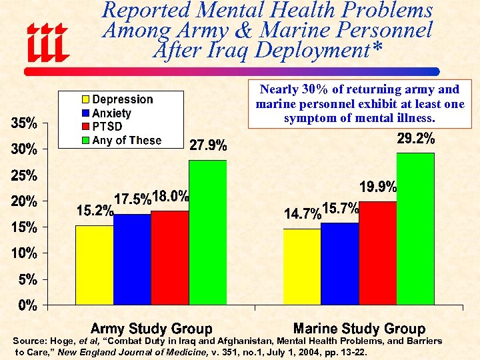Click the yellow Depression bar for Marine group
coord(301,267)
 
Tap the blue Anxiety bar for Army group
coord(132,259)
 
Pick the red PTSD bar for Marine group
coord(377,253)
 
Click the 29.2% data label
coord(416,139)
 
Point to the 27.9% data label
coord(208,145)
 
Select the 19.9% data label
coord(378,187)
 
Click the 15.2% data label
coord(94,211)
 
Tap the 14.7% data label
coord(303,214)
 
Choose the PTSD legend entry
coord(106,127)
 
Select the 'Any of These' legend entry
coord(126,140)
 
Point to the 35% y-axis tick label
coord(23,123)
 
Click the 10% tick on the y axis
coord(23,253)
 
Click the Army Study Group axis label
coord(151,329)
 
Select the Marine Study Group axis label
coord(359,329)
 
